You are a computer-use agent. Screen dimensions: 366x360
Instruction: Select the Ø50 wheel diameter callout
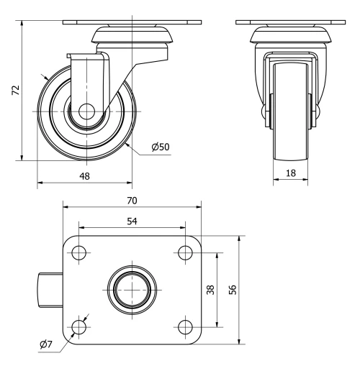point(160,147)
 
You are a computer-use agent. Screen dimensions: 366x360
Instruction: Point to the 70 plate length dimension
point(132,200)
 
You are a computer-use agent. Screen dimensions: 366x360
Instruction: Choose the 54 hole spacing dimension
point(132,221)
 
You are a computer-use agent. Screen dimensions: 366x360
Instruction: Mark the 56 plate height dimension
point(232,289)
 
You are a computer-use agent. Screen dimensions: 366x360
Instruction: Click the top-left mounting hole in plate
point(79,253)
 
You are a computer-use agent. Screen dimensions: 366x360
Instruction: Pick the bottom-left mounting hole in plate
point(79,327)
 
